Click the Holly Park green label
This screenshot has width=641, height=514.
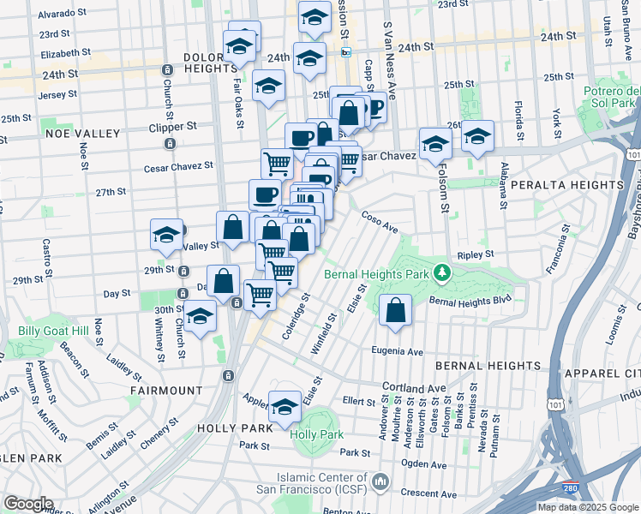tap(316, 434)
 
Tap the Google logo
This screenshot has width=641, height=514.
tap(28, 504)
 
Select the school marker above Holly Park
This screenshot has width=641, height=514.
tap(285, 408)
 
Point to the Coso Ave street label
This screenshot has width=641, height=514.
tap(380, 223)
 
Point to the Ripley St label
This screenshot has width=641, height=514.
tap(476, 254)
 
